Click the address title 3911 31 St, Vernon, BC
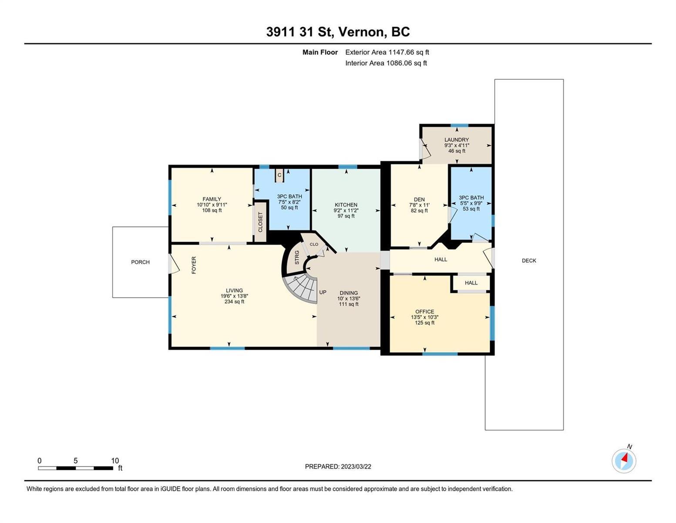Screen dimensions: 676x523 tap(338, 32)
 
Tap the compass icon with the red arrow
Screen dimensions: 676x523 tap(623, 461)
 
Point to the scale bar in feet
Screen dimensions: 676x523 tap(75, 468)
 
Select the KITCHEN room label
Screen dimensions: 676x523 tap(346, 205)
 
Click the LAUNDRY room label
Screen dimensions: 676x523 tap(456, 140)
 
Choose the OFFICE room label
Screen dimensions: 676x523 tap(425, 312)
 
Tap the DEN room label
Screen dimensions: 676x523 tap(419, 199)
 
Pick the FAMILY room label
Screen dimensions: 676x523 tap(212, 199)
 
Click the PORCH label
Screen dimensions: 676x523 tap(140, 262)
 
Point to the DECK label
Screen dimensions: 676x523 tap(529, 260)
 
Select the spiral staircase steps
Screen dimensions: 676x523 tap(301, 288)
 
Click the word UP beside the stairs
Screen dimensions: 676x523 tap(323, 292)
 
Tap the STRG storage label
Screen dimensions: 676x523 tap(297, 257)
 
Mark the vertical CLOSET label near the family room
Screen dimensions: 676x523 tap(260, 222)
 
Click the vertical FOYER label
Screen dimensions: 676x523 tap(194, 265)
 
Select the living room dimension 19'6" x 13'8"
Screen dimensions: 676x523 tap(234, 296)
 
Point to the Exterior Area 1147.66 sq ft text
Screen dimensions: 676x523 tap(387, 52)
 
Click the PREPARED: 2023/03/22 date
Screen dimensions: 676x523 tap(338, 467)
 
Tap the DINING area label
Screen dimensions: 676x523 tap(349, 293)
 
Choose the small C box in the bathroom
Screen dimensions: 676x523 tap(279, 175)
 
